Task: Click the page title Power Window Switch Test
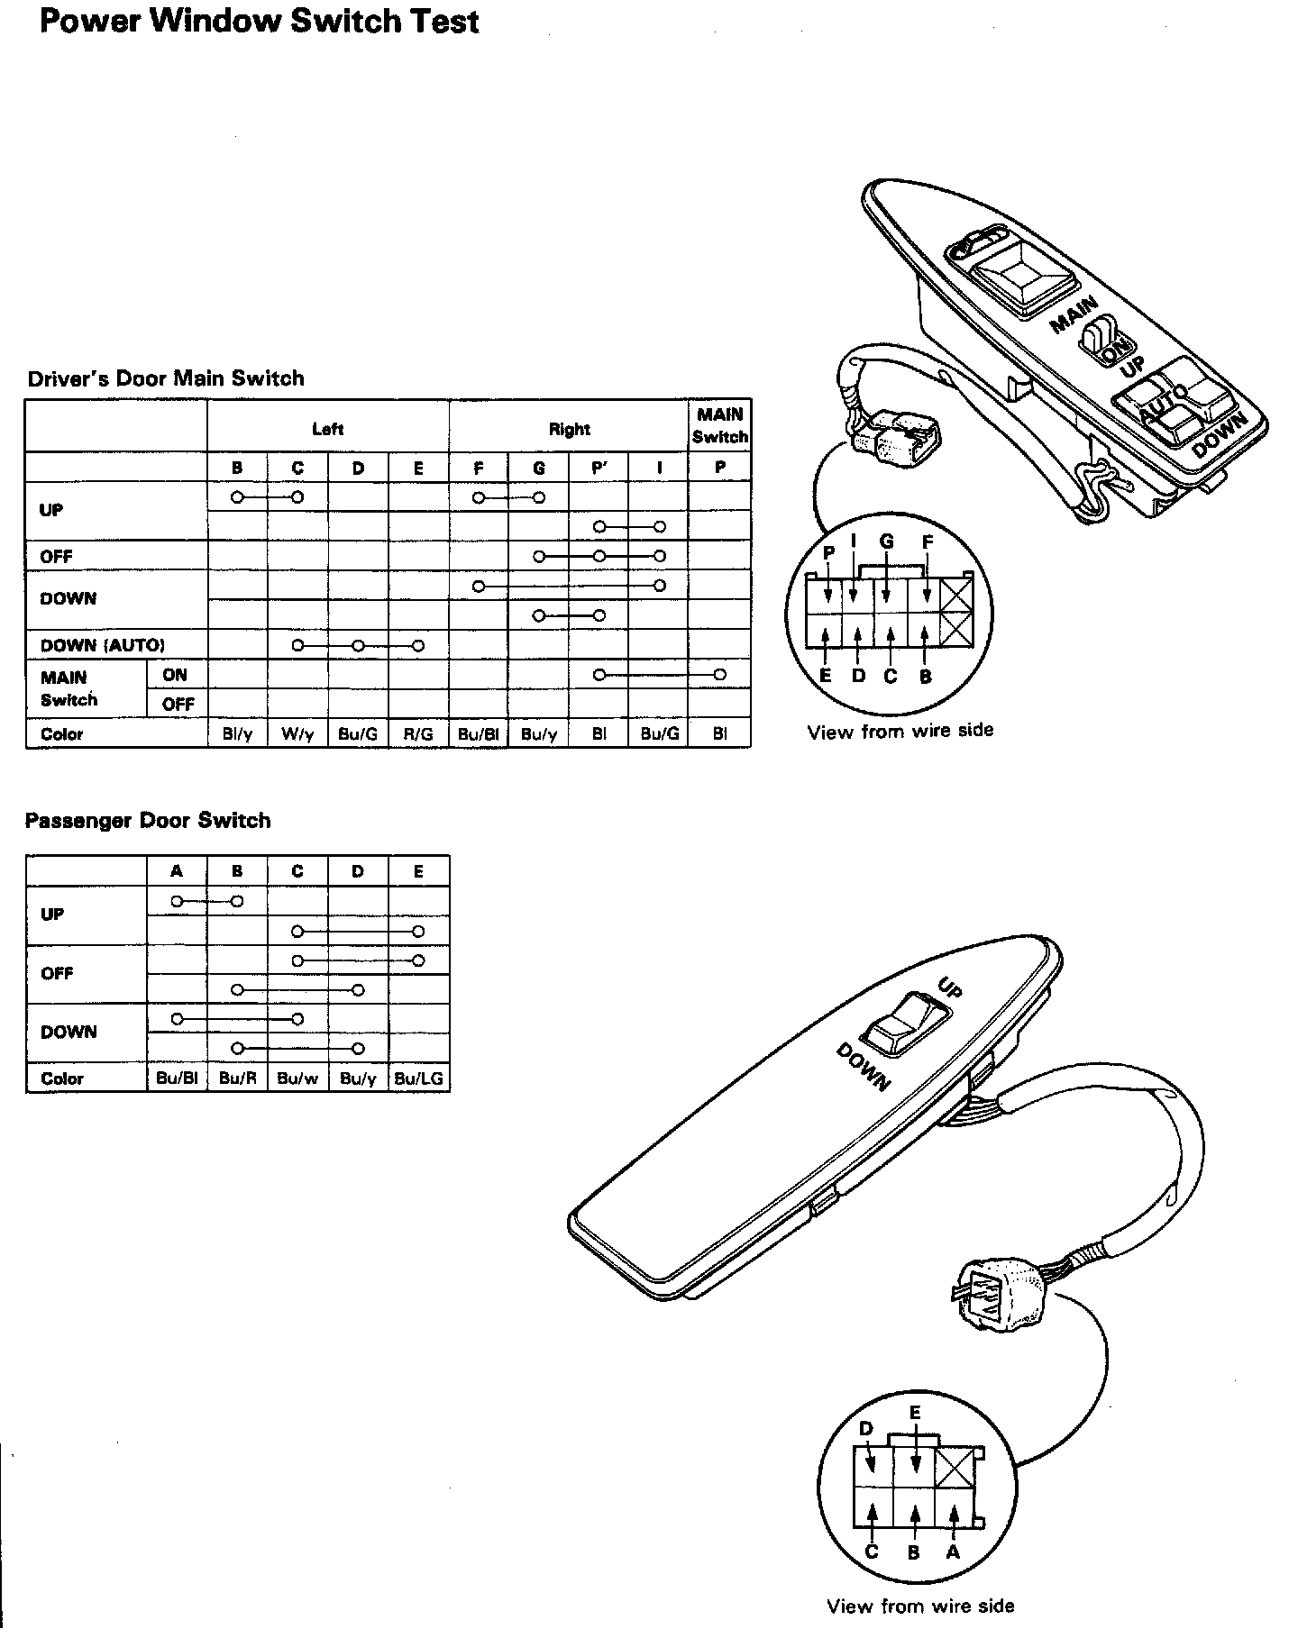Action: click(x=259, y=22)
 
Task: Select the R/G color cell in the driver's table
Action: click(x=418, y=734)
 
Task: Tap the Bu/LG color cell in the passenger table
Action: click(x=418, y=1078)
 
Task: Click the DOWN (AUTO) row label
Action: click(x=103, y=645)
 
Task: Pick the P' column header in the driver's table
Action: click(x=599, y=468)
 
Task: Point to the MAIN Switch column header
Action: click(x=719, y=425)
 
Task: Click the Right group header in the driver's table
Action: click(x=569, y=429)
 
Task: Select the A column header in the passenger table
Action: click(x=177, y=871)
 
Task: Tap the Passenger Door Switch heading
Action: click(x=148, y=821)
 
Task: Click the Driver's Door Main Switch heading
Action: click(x=166, y=378)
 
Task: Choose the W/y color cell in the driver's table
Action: click(x=297, y=734)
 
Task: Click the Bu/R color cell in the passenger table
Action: click(x=237, y=1078)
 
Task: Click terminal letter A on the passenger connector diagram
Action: click(x=953, y=1552)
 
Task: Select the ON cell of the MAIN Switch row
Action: click(x=176, y=675)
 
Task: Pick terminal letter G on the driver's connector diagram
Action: click(x=886, y=541)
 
